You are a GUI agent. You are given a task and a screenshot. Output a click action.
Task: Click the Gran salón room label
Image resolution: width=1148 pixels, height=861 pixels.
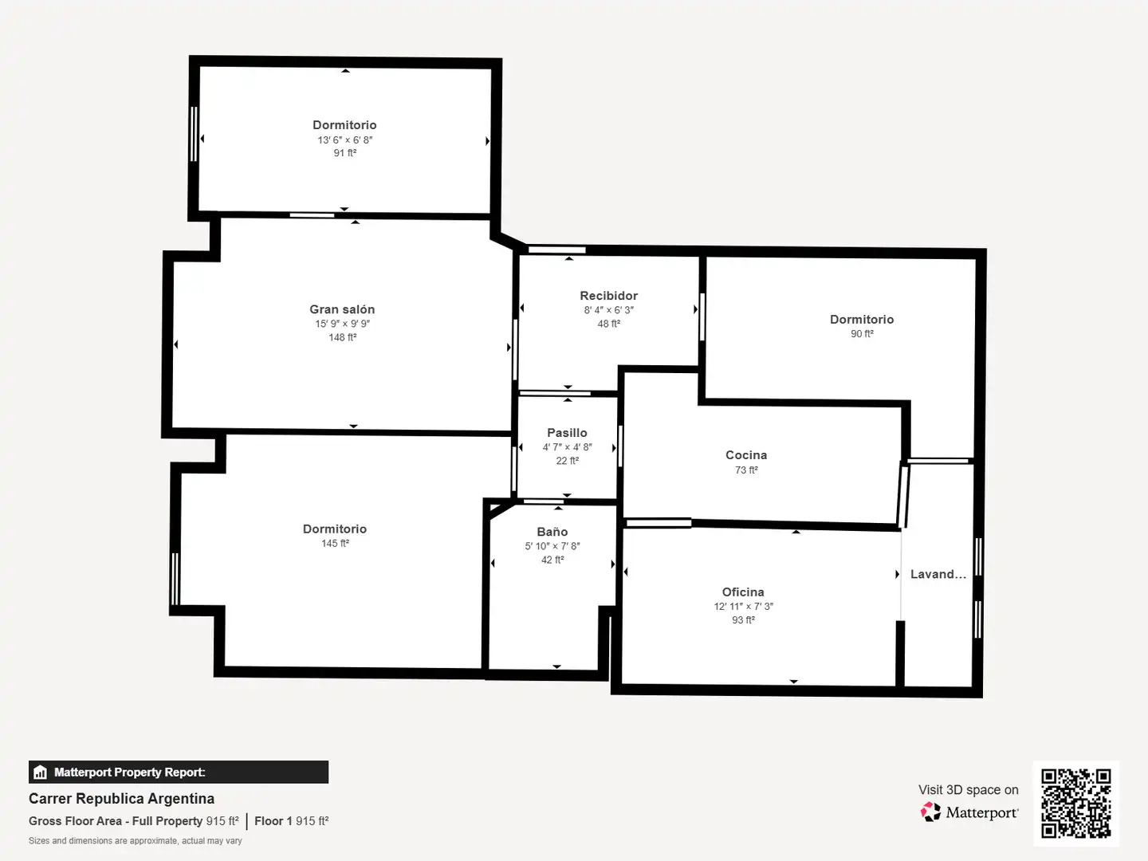pyautogui.click(x=342, y=309)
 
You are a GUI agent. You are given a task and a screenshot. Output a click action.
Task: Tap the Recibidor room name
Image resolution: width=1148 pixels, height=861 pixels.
pyautogui.click(x=609, y=296)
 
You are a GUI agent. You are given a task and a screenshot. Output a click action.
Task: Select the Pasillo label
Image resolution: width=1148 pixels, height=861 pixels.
pyautogui.click(x=567, y=433)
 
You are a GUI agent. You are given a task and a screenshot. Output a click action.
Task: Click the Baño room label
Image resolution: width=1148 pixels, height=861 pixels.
pyautogui.click(x=552, y=532)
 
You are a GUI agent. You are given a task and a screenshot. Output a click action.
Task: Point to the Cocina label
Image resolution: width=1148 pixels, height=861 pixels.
pyautogui.click(x=746, y=455)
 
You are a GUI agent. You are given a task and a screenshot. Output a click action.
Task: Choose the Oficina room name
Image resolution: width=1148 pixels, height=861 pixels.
pyautogui.click(x=743, y=592)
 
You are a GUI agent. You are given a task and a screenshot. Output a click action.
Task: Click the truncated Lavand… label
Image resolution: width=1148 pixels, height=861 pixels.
pyautogui.click(x=938, y=575)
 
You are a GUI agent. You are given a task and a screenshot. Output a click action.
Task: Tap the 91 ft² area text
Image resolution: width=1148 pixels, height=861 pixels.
pyautogui.click(x=345, y=153)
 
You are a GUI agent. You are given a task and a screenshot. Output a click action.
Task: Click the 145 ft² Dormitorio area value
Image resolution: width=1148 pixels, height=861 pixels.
pyautogui.click(x=335, y=544)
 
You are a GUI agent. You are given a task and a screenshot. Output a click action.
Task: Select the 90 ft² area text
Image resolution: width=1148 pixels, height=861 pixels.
pyautogui.click(x=862, y=334)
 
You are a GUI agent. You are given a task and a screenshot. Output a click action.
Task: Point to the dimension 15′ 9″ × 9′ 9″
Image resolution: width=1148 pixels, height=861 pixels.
pyautogui.click(x=342, y=324)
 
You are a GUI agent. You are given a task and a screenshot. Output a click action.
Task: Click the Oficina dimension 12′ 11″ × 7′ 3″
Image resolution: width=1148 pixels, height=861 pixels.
pyautogui.click(x=743, y=607)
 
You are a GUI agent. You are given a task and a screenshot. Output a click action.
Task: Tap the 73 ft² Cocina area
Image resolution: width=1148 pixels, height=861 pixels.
pyautogui.click(x=746, y=470)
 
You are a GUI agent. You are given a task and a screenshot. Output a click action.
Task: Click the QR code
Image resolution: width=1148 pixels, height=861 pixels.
pyautogui.click(x=1075, y=803)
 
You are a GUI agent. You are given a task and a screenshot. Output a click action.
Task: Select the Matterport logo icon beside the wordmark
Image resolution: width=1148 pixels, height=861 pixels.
pyautogui.click(x=930, y=812)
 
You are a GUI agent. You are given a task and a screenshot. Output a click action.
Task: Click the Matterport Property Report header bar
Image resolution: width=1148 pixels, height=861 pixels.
pyautogui.click(x=179, y=773)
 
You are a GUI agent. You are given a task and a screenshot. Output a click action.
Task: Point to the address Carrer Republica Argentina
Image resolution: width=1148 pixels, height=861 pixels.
pyautogui.click(x=121, y=799)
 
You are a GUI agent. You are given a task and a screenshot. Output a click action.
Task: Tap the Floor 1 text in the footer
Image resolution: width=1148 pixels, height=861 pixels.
pyautogui.click(x=273, y=821)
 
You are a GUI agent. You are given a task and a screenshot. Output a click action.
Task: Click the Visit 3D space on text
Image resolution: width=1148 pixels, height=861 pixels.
pyautogui.click(x=968, y=790)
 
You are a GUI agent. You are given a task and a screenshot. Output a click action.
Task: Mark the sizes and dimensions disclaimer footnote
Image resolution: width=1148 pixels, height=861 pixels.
pyautogui.click(x=135, y=841)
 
